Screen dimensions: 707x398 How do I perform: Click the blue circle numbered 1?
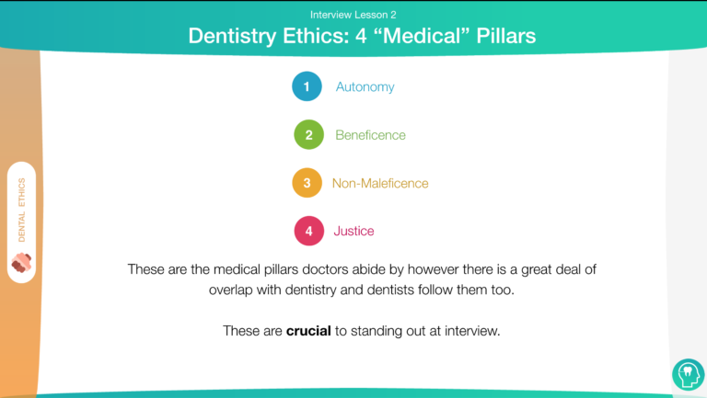point(307,86)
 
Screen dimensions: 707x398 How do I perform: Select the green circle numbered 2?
point(309,134)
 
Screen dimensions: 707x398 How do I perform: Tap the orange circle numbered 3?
point(307,183)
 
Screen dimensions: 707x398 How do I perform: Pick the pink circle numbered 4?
point(309,231)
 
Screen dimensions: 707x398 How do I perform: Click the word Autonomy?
point(365,87)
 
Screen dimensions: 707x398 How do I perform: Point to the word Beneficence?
point(370,135)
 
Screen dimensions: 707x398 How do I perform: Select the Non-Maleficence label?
point(380,183)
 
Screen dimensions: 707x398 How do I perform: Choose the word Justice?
point(353,231)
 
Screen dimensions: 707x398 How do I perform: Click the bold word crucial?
point(308,331)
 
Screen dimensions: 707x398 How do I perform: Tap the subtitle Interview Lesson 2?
point(353,15)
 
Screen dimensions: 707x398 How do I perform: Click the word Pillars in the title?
point(506,36)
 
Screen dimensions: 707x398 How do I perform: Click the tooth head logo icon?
point(688,374)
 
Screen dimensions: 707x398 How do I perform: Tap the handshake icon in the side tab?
point(21,263)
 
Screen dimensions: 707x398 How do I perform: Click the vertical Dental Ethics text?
point(22,210)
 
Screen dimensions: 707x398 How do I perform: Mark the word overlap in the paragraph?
point(230,290)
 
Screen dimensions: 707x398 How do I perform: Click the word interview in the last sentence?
point(472,331)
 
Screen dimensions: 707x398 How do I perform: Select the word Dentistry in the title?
point(232,36)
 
